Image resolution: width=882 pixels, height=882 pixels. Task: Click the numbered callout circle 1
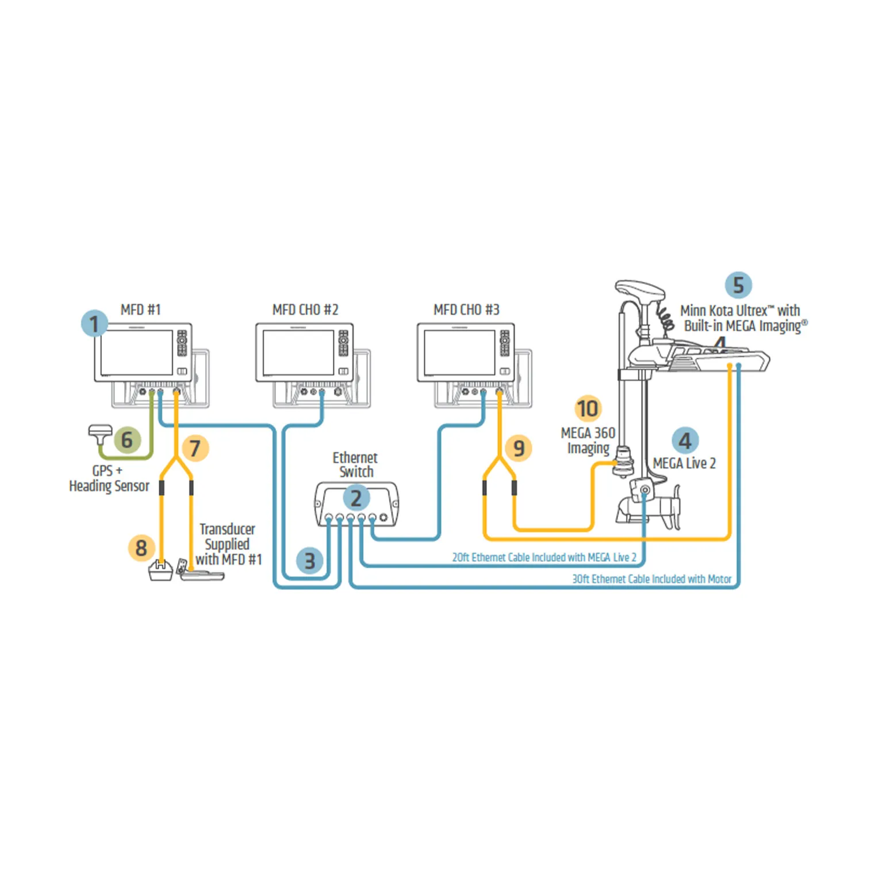click(x=94, y=323)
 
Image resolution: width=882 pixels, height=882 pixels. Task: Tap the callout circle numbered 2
click(x=356, y=498)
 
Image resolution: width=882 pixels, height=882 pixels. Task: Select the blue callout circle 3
click(x=309, y=561)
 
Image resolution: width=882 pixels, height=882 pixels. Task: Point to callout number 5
click(x=738, y=285)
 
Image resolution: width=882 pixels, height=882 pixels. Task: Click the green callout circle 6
click(x=127, y=440)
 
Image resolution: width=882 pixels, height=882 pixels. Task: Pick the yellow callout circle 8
click(x=141, y=548)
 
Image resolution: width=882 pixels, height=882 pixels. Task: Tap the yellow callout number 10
click(x=588, y=409)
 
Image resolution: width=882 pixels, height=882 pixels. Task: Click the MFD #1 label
click(x=140, y=310)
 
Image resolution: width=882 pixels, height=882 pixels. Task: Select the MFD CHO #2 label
click(x=305, y=310)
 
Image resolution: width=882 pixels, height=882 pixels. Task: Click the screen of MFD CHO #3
click(x=459, y=352)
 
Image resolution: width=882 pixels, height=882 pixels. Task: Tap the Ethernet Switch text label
click(x=355, y=465)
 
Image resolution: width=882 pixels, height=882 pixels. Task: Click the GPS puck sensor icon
click(x=100, y=433)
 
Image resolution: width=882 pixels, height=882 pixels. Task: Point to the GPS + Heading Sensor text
click(x=109, y=478)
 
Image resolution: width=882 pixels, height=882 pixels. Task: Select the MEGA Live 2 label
click(x=684, y=463)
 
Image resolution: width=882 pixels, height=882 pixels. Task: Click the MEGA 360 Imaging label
click(x=588, y=440)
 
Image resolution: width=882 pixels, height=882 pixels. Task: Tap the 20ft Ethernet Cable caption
click(x=544, y=557)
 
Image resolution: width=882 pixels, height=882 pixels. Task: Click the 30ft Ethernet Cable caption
click(x=651, y=579)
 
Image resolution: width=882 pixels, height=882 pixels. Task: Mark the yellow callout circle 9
click(x=519, y=448)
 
